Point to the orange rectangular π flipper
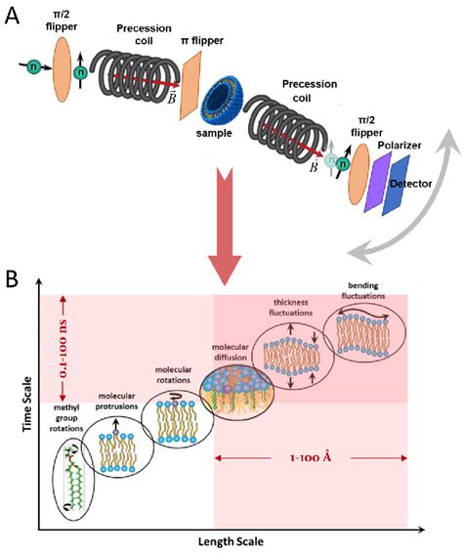[x=194, y=91]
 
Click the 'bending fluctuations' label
[x=365, y=290]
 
